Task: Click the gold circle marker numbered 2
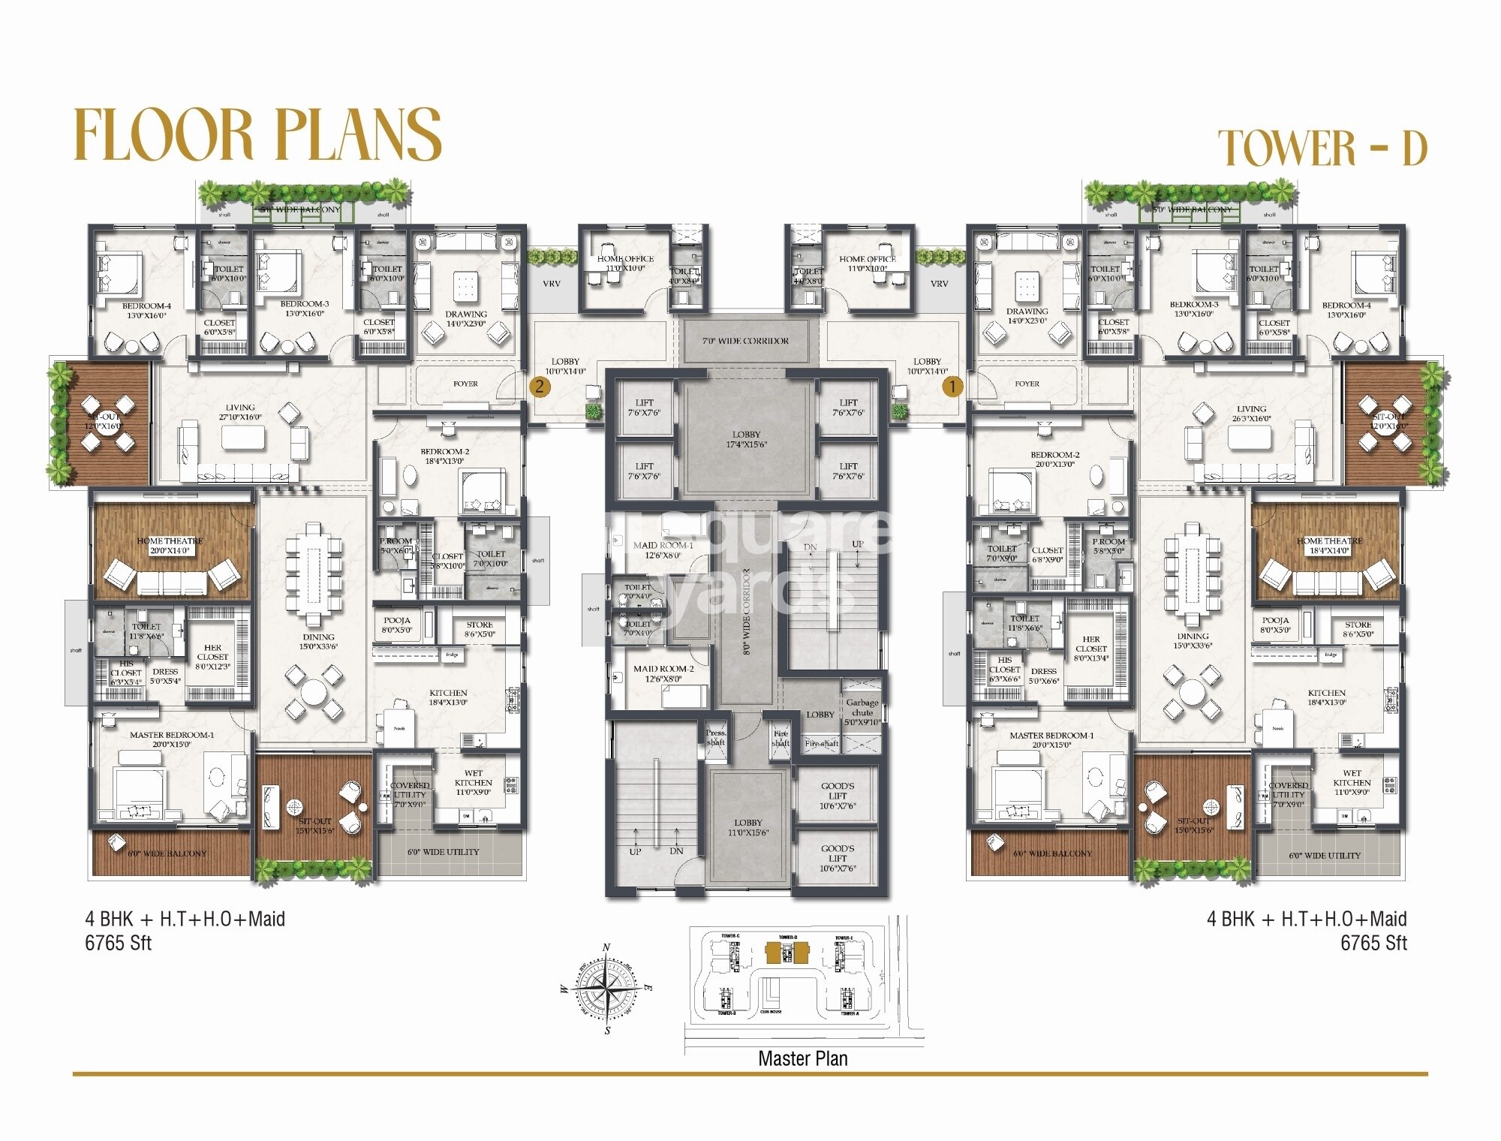click(539, 387)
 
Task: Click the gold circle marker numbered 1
click(952, 387)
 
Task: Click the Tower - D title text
click(1322, 148)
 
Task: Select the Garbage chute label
click(862, 707)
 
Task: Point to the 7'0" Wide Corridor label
click(745, 341)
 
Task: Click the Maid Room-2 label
click(663, 669)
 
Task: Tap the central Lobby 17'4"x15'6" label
click(746, 439)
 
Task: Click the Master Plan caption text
click(802, 1058)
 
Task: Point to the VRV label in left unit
click(552, 284)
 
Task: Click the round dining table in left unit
click(314, 691)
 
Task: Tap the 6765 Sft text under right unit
click(1373, 943)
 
